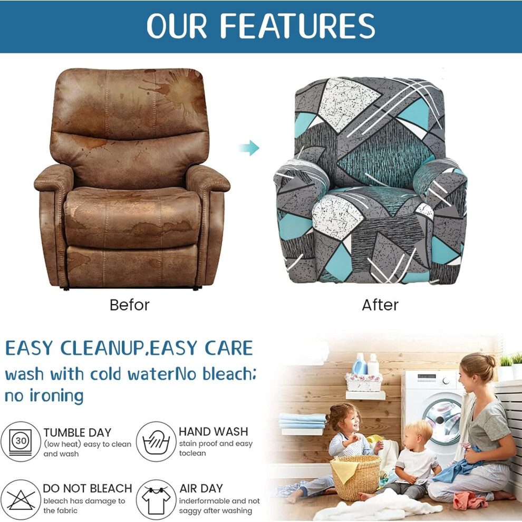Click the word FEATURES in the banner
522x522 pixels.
click(297, 26)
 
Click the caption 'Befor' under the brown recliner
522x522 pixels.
click(130, 305)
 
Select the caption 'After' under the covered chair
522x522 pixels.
click(380, 305)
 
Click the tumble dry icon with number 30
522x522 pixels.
click(21, 441)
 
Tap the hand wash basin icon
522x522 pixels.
click(156, 441)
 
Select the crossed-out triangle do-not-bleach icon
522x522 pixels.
click(21, 499)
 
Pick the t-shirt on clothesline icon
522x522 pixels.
click(156, 499)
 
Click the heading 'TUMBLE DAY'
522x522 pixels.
click(77, 432)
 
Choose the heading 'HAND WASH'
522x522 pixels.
click(214, 431)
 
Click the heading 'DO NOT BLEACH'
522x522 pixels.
click(88, 488)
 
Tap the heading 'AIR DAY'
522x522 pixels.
click(201, 488)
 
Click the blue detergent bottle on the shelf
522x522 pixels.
click(360, 364)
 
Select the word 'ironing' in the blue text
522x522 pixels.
click(56, 396)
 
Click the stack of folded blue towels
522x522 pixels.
click(302, 421)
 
